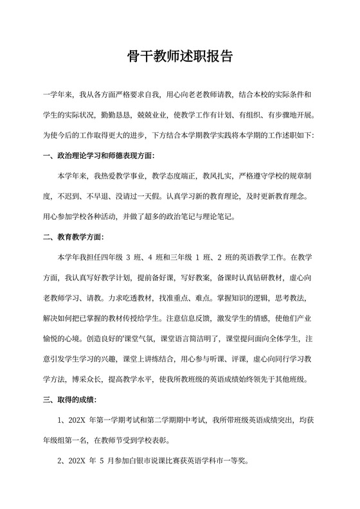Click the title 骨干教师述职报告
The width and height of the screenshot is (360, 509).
click(x=179, y=57)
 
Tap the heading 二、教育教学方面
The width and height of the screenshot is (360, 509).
click(x=72, y=237)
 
